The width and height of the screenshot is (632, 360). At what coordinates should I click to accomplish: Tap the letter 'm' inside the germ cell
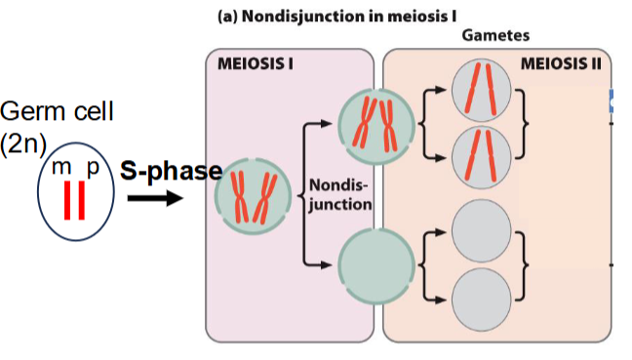[61, 168]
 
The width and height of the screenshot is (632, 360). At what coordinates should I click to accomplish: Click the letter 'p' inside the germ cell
[93, 168]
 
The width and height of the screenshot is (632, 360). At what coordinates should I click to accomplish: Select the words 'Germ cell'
[58, 110]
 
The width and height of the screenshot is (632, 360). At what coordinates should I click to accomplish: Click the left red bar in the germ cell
[68, 201]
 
